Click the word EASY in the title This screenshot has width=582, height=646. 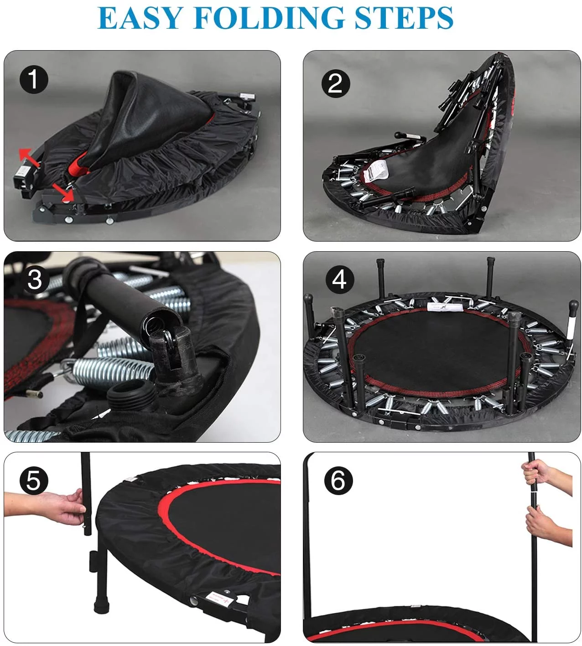(140, 18)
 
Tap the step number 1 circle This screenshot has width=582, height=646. (34, 79)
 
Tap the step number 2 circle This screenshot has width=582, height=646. (335, 83)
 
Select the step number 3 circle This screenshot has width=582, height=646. (35, 279)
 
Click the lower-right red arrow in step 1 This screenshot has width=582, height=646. (62, 191)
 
